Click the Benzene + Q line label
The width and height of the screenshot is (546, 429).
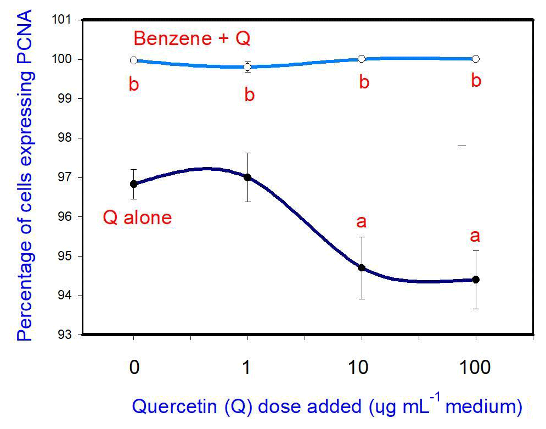[192, 39]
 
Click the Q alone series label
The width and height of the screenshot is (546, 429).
[137, 218]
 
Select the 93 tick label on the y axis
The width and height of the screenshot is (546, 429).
[68, 335]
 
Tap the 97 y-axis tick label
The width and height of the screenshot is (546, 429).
[68, 177]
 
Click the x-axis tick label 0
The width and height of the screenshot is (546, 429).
[133, 367]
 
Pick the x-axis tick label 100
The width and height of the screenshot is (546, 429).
[475, 367]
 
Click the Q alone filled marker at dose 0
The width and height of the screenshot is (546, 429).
[133, 184]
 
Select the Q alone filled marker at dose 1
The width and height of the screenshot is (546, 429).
[247, 177]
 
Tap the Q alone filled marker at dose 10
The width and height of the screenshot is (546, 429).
[362, 268]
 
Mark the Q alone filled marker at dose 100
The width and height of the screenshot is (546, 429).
[476, 280]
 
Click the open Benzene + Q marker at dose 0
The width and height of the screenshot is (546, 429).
[133, 60]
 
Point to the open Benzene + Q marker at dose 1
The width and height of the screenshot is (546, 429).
[247, 67]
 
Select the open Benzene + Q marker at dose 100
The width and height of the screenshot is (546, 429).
[476, 59]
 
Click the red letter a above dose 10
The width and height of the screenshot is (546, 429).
[362, 222]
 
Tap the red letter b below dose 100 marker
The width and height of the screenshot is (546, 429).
[476, 81]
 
